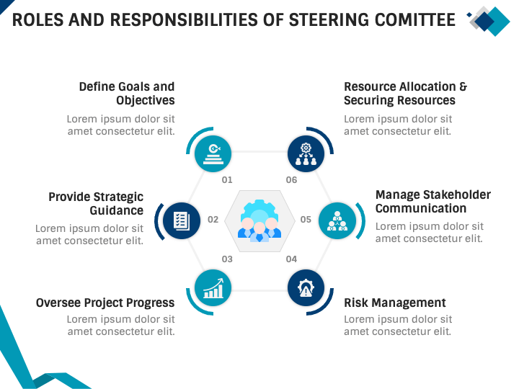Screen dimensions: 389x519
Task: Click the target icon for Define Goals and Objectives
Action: click(x=213, y=152)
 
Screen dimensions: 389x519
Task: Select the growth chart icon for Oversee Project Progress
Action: click(x=213, y=288)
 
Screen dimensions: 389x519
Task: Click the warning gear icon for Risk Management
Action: click(x=306, y=288)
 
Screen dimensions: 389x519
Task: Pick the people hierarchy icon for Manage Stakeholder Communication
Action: click(x=337, y=220)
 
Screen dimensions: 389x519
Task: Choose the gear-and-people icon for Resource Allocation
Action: click(x=306, y=152)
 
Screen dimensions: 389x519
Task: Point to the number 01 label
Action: click(x=227, y=180)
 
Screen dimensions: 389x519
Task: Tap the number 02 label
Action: click(x=213, y=220)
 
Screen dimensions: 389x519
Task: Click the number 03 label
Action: click(x=227, y=259)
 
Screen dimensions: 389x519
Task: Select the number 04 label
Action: click(x=291, y=259)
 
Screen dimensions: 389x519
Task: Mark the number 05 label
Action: click(x=306, y=220)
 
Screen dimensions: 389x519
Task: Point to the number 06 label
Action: click(x=291, y=180)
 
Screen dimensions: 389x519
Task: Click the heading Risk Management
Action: click(x=395, y=303)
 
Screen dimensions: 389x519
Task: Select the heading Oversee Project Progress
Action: click(x=105, y=303)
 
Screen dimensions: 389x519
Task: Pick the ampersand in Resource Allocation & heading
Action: click(x=463, y=86)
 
